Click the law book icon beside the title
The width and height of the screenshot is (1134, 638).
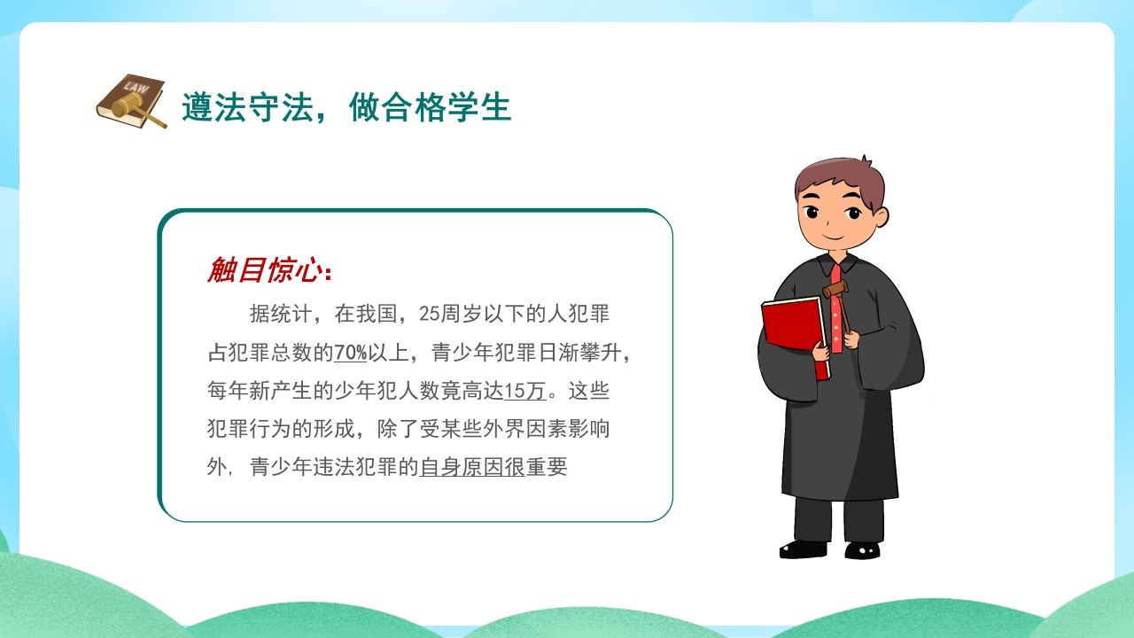click(x=131, y=101)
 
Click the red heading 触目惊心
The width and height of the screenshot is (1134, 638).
click(x=265, y=269)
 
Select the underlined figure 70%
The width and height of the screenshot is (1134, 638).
click(x=350, y=353)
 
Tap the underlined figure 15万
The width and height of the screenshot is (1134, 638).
click(x=525, y=391)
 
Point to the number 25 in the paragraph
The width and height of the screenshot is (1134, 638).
click(x=430, y=314)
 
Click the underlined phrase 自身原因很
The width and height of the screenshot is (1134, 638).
click(x=472, y=467)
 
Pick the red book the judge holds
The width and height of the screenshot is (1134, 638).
click(x=795, y=334)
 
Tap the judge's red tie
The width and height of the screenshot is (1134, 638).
click(x=835, y=309)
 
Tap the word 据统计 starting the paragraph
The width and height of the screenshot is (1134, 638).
click(x=281, y=314)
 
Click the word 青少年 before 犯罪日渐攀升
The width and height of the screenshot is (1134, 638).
click(x=462, y=353)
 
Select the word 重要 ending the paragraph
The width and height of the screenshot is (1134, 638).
click(x=547, y=467)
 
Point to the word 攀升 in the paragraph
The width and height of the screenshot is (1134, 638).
click(x=601, y=353)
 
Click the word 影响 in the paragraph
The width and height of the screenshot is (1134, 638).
click(x=589, y=429)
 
